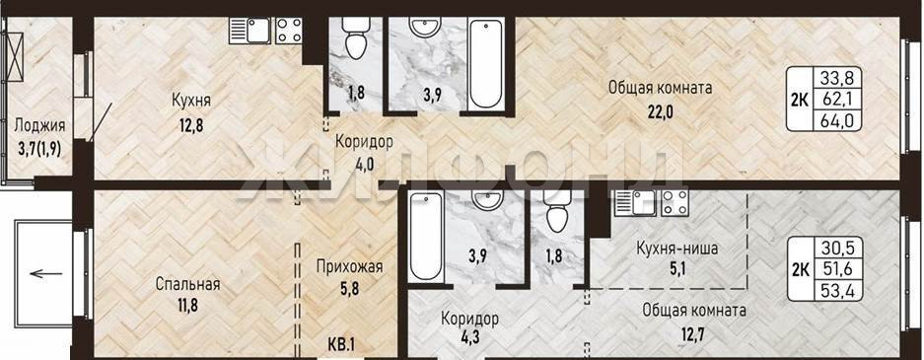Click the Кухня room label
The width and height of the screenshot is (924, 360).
pos(191,101)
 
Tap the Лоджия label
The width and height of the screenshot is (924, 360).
pos(40,125)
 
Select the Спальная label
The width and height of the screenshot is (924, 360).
pos(188,284)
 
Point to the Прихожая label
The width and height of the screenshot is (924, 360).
pos(349,267)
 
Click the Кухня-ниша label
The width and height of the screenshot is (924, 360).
pos(677,249)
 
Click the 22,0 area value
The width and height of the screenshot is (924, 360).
pos(660,110)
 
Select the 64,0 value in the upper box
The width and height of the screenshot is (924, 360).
pos(838,121)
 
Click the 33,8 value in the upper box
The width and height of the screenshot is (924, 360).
pos(838,77)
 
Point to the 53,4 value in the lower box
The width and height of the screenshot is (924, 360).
pos(838,291)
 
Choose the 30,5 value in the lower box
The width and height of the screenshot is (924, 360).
pos(838,246)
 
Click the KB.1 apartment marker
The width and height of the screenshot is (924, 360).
pos(342,343)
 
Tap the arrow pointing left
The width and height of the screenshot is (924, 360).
pos(46,273)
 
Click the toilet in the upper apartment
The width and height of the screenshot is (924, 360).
pos(355,38)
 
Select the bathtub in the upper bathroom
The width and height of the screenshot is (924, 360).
pos(485,64)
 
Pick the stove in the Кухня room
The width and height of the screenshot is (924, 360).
pos(289,30)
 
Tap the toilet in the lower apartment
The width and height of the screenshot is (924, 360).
pos(557,213)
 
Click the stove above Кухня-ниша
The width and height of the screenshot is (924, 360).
pos(675,202)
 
